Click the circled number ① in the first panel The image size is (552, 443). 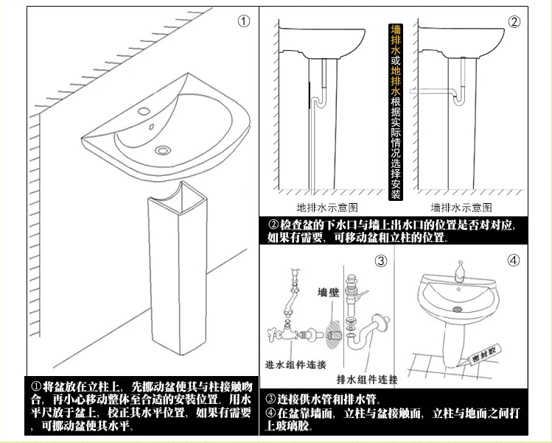pyautogui.click(x=244, y=21)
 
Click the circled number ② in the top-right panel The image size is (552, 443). pyautogui.click(x=514, y=21)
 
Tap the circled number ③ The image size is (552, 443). pyautogui.click(x=380, y=261)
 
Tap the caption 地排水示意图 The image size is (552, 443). pyautogui.click(x=326, y=208)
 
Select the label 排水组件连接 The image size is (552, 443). pyautogui.click(x=366, y=380)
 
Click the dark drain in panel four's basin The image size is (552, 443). pyautogui.click(x=457, y=310)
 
